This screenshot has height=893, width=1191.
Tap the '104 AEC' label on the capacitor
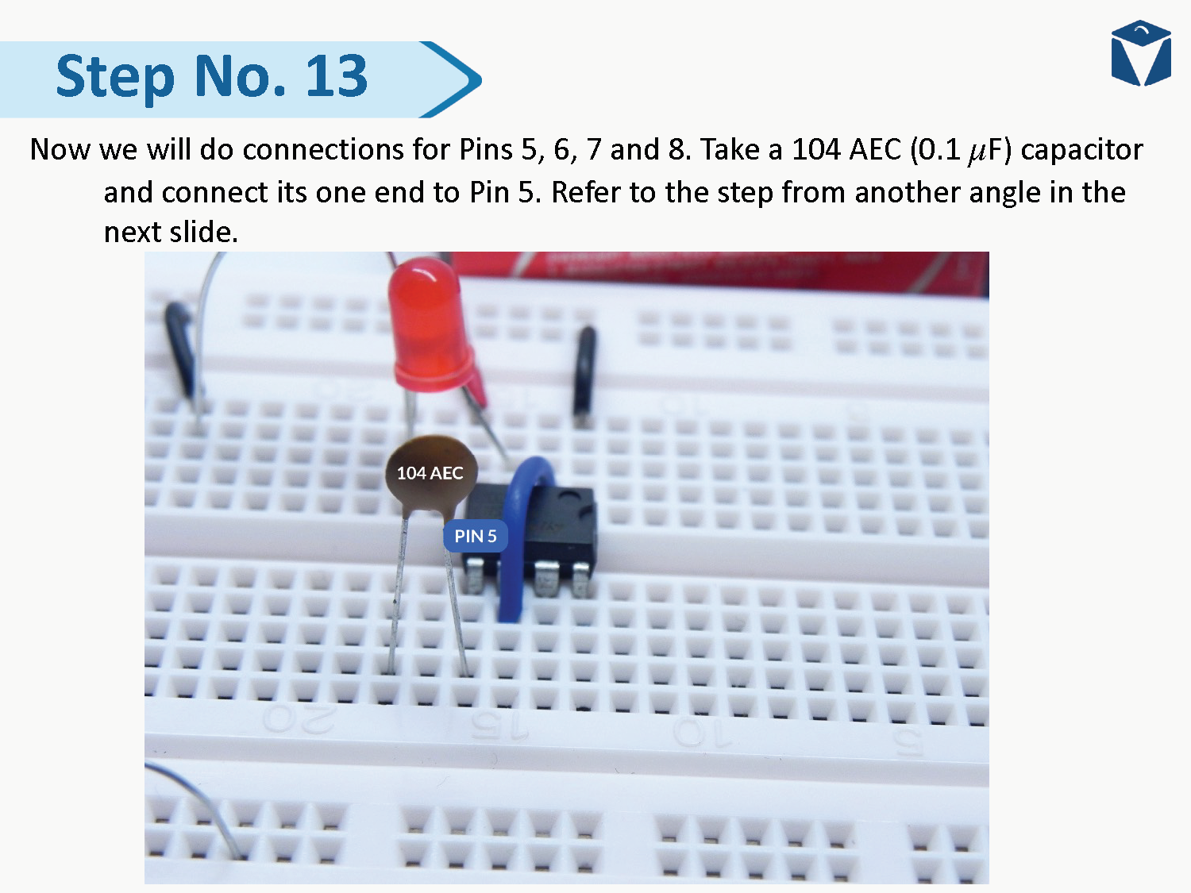click(430, 473)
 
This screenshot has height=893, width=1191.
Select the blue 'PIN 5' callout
click(475, 537)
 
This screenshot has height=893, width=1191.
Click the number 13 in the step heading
click(337, 77)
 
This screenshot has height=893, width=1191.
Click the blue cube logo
click(1141, 53)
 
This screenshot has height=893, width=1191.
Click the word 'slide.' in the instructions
click(207, 233)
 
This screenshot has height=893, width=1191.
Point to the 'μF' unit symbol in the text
click(989, 150)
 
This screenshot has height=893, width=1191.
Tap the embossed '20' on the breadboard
click(299, 720)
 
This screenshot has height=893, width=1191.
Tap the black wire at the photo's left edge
click(182, 349)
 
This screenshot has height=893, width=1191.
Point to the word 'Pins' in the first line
click(486, 150)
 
